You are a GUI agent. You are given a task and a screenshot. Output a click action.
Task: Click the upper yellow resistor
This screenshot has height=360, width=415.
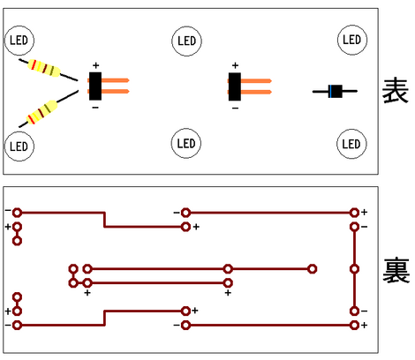coord(44,68)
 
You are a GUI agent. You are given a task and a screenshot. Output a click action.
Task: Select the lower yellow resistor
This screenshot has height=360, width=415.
coord(41,112)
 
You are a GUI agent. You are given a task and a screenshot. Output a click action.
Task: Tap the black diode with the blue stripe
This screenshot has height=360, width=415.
coord(336,91)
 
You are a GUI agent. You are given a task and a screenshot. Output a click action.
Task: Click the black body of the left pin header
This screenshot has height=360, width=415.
coord(95,86)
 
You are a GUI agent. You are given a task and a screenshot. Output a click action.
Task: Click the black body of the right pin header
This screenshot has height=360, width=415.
coord(235,86)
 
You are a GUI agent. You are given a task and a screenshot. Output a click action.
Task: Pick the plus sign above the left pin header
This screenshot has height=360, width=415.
coord(95,65)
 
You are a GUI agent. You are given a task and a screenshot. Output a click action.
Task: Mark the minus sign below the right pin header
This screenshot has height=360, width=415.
coord(235,109)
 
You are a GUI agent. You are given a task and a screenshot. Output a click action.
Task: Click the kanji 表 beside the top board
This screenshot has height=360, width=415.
coord(396,91)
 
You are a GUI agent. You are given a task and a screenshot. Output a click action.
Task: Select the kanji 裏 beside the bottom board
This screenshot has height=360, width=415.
coord(396,270)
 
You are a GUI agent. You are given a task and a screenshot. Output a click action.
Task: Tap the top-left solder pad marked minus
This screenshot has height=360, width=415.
coord(17,213)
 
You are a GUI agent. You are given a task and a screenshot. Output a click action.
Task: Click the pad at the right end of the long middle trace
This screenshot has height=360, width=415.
coord(313,269)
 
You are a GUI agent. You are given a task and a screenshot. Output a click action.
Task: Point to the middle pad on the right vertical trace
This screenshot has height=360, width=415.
coord(354,269)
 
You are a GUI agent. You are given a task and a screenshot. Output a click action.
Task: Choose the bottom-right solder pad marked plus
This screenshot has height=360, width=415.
coord(354,325)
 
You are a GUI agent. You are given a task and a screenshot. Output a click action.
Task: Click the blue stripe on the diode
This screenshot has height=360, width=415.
coord(331,91)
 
